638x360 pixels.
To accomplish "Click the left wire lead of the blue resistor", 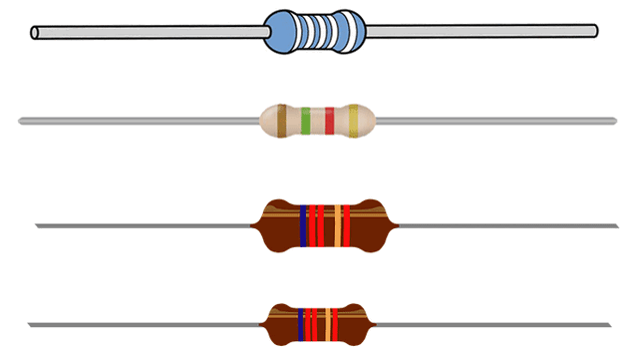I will click(x=150, y=33).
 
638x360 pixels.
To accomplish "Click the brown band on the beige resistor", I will click(x=282, y=121).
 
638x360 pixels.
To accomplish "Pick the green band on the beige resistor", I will click(x=306, y=121).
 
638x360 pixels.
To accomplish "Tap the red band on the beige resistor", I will click(x=330, y=121).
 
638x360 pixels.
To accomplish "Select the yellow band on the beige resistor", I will click(x=354, y=121).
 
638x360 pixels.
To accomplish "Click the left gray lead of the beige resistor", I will click(x=140, y=121).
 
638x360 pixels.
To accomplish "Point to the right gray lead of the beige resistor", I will click(x=498, y=121).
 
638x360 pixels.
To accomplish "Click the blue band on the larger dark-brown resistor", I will click(x=302, y=225).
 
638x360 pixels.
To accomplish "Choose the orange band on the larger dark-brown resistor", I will click(x=337, y=225).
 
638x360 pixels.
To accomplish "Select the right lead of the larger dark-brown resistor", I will click(x=508, y=225).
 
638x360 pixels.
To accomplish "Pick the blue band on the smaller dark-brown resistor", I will click(x=298, y=322).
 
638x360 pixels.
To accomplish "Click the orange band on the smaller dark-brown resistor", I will click(x=325, y=322).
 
